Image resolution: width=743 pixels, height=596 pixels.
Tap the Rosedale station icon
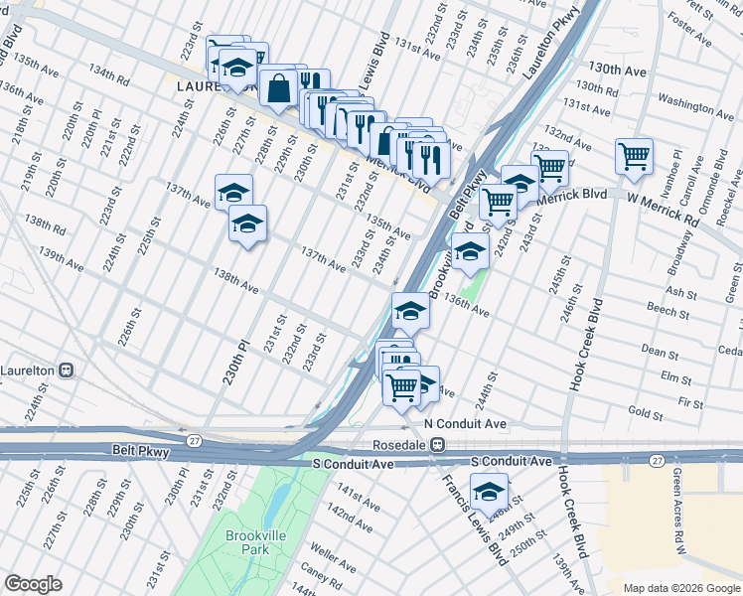[x=436, y=446]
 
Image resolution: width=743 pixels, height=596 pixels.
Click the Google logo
[x=34, y=584]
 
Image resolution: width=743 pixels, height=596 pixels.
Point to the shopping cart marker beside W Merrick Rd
[x=634, y=156]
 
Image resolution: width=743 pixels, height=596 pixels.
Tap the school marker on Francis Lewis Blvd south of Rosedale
[x=488, y=492]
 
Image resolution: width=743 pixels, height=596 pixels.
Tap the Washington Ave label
[x=695, y=102]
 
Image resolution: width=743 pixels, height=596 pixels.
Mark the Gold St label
[x=646, y=412]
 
